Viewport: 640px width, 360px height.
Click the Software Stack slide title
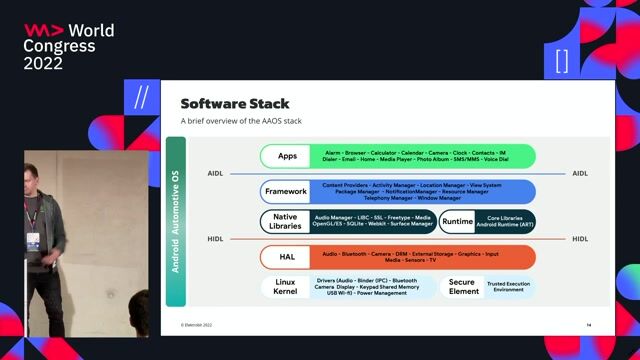(234, 104)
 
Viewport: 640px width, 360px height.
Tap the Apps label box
(288, 156)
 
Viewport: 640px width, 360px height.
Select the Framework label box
(286, 191)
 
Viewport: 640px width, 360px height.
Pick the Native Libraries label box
(285, 221)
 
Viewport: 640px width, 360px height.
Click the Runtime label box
(457, 221)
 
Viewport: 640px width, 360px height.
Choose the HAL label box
(287, 257)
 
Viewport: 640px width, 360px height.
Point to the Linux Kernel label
(285, 287)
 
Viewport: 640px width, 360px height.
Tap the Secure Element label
(461, 287)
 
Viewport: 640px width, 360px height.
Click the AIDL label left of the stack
(215, 173)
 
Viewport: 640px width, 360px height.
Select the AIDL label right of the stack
(580, 173)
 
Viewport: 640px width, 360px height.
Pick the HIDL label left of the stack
(215, 239)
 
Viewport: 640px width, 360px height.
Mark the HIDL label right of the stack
(580, 239)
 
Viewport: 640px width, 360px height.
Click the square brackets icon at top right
(561, 60)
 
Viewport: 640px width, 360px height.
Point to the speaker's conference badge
(33, 241)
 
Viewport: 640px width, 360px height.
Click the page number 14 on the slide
(589, 325)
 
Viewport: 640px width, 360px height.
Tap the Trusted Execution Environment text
(510, 287)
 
